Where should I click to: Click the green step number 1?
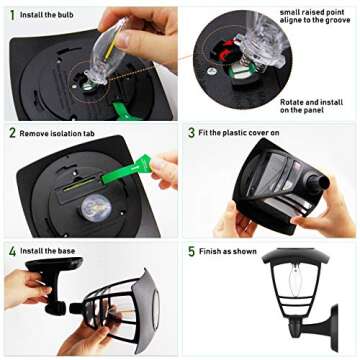pos(12,15)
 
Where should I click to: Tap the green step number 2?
pos(12,133)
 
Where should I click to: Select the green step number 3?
pos(191,133)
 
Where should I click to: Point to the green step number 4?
pos(12,251)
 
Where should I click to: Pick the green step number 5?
pos(191,251)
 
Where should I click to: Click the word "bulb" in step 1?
pos(66,15)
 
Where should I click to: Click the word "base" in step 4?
pos(67,251)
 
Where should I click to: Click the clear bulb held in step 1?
pos(106,52)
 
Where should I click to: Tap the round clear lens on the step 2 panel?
pos(96,208)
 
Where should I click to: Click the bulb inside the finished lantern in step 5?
pos(295,282)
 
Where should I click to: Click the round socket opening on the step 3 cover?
pos(321,183)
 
